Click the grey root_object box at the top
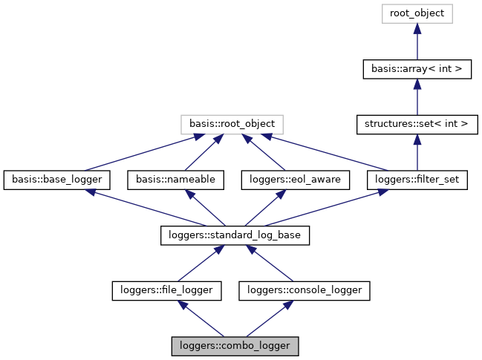(417, 13)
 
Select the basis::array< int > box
(417, 69)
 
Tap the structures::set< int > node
(417, 124)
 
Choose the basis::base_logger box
(57, 180)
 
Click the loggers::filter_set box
(417, 180)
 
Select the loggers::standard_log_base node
(235, 235)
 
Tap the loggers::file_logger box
(166, 290)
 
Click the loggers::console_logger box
(304, 290)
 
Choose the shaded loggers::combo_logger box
(235, 346)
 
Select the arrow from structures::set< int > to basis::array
(417, 96)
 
